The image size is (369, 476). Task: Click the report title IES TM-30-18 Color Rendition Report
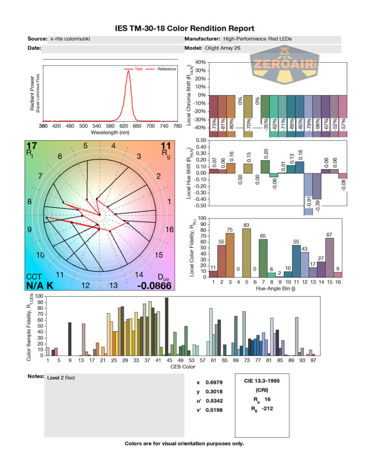(x=184, y=29)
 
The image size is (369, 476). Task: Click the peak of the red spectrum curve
(x=128, y=71)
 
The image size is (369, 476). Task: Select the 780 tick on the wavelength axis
(x=177, y=126)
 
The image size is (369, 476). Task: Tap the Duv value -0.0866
(x=155, y=285)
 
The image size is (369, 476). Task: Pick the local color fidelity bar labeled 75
(x=230, y=255)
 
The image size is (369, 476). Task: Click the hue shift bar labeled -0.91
(x=308, y=193)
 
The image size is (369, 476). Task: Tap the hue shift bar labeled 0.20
(x=265, y=166)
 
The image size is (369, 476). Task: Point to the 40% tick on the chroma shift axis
(x=200, y=62)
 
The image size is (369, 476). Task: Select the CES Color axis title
(x=182, y=367)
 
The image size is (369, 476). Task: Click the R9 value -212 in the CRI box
(x=266, y=409)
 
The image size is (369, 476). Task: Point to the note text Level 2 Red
(x=60, y=378)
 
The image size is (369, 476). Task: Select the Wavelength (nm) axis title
(x=110, y=132)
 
